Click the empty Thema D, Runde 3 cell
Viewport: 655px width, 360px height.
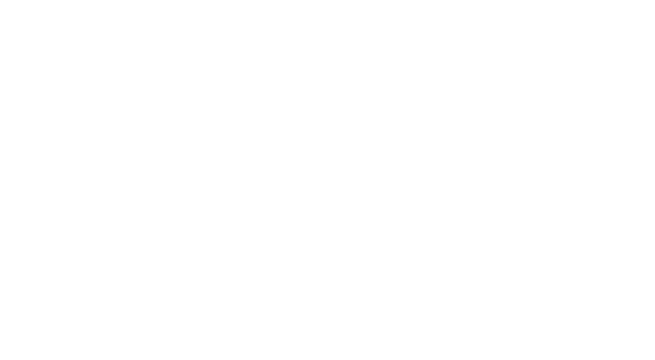(x=559, y=323)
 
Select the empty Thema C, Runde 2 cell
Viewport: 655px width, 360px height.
(x=376, y=247)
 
